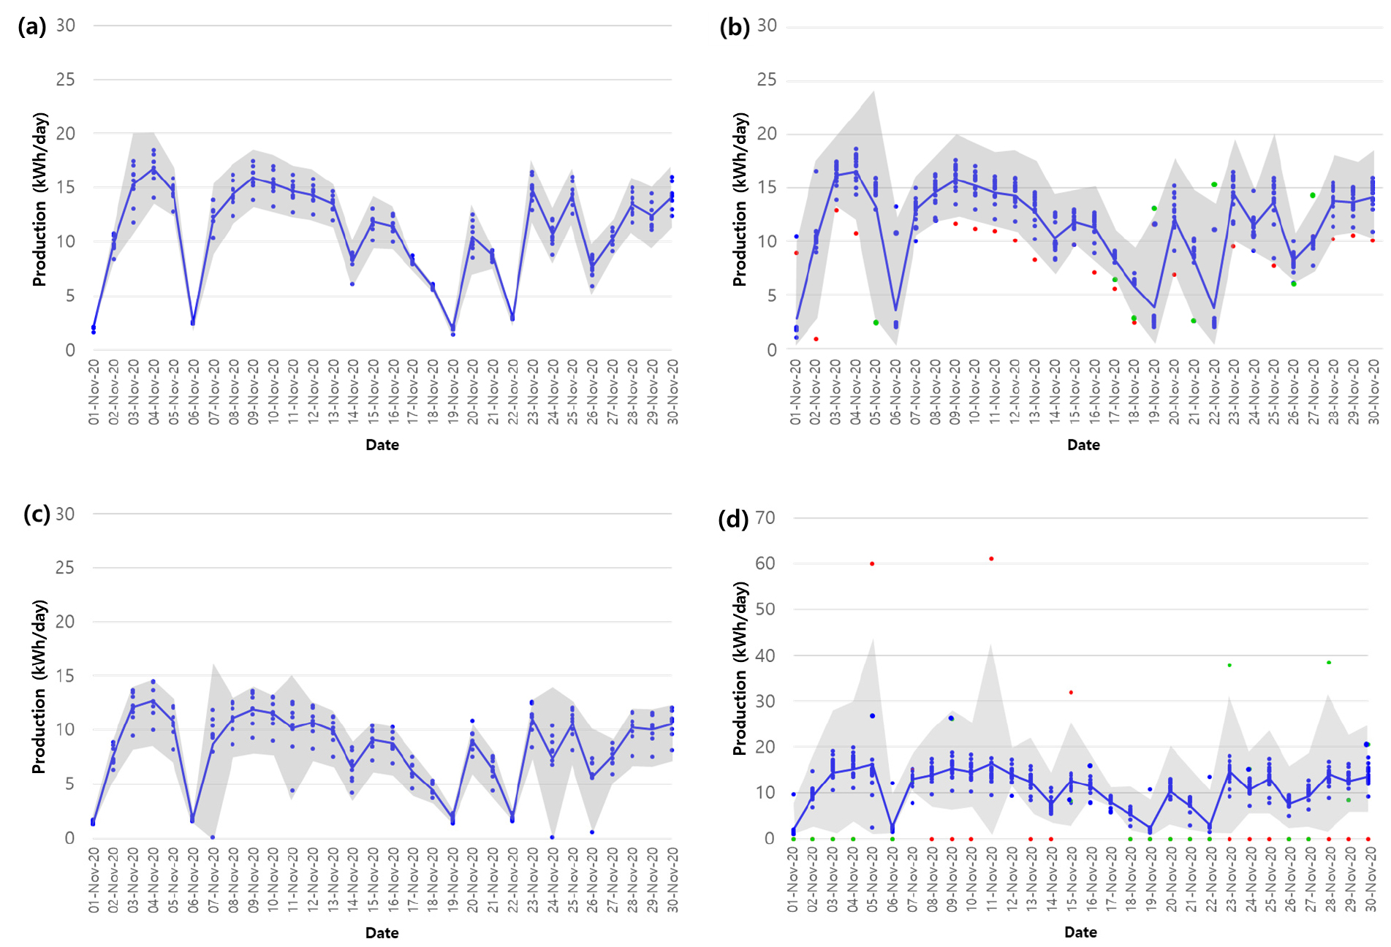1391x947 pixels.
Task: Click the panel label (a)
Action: (x=31, y=27)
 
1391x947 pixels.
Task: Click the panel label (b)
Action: (x=734, y=27)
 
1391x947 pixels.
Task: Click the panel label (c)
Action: (x=37, y=514)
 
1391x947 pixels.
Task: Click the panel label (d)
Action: (x=733, y=519)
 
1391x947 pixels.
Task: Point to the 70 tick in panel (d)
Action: (x=765, y=518)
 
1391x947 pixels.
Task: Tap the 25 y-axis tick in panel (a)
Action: (x=65, y=80)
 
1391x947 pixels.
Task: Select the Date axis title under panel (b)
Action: (x=1083, y=445)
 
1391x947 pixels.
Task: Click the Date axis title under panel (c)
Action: (x=382, y=932)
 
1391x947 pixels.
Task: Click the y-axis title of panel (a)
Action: (x=39, y=199)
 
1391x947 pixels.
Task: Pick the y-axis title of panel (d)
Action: (x=740, y=668)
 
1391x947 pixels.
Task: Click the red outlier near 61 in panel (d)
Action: (x=991, y=559)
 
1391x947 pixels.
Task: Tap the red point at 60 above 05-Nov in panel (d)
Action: (x=872, y=564)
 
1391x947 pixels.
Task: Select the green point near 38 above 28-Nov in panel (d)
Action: (x=1329, y=663)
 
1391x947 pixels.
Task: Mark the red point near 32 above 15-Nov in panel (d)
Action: (x=1071, y=693)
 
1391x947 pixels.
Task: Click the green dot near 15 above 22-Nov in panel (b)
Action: (x=1214, y=185)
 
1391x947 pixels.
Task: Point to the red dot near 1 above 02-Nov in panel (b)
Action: (x=816, y=339)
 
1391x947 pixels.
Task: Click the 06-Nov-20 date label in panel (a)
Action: (x=194, y=392)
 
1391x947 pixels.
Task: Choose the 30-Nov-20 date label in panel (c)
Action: (x=672, y=880)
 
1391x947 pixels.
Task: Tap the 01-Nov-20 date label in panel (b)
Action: (x=795, y=392)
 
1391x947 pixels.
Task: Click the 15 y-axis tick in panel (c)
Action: (x=65, y=676)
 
